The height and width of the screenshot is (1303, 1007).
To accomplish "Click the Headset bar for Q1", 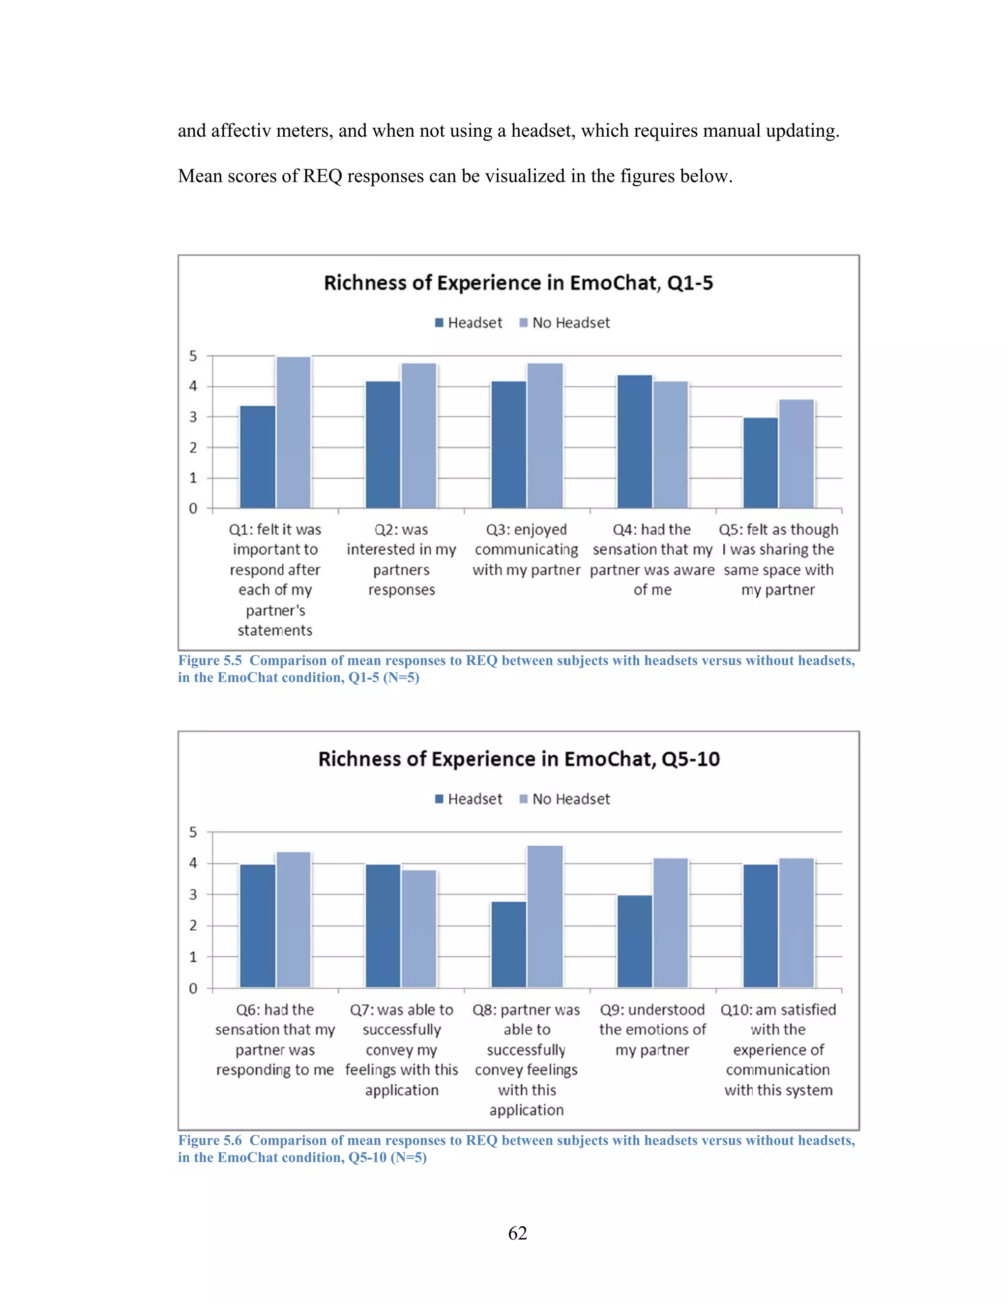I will click(x=258, y=457).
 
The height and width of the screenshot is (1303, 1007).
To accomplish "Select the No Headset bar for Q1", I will click(x=294, y=433).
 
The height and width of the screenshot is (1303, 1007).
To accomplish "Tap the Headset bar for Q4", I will click(x=634, y=442).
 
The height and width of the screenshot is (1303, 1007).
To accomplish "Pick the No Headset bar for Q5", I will click(x=797, y=454).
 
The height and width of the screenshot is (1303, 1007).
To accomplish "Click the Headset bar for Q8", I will click(x=509, y=945).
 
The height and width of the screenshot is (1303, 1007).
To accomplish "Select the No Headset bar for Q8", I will click(x=545, y=917).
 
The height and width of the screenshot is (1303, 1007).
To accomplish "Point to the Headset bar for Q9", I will click(x=634, y=942).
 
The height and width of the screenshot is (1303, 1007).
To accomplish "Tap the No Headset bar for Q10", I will click(x=797, y=923).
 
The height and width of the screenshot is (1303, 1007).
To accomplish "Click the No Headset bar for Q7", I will click(x=419, y=929).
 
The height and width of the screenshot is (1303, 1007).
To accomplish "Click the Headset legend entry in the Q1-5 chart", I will click(x=469, y=323).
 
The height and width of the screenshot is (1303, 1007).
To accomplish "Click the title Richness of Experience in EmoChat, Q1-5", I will click(x=518, y=283).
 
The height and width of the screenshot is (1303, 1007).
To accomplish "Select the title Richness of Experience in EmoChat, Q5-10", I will click(x=518, y=759).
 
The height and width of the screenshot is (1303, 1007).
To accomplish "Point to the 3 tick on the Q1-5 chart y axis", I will click(x=193, y=417).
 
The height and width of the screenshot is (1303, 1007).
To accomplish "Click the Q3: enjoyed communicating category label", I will click(x=526, y=550).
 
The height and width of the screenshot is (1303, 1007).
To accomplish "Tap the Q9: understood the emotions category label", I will click(x=652, y=1030).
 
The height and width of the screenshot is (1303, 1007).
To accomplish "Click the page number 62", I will click(x=517, y=1233).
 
